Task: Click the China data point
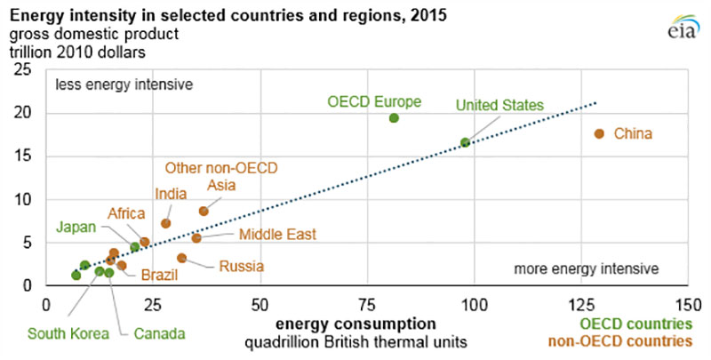(599, 133)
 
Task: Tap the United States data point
(465, 142)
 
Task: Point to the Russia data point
(181, 258)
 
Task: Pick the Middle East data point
(196, 238)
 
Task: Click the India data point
(165, 223)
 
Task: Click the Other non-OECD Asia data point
(204, 211)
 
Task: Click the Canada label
(160, 333)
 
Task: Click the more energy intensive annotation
(585, 268)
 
